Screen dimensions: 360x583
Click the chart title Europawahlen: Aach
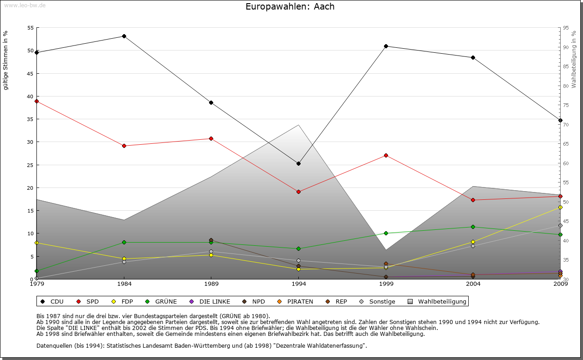pos(290,7)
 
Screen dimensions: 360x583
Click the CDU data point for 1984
pos(124,36)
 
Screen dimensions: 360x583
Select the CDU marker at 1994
pos(298,164)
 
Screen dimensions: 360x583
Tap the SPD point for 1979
pos(36,101)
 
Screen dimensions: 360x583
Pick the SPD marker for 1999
pos(386,156)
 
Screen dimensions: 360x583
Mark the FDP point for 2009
pos(560,208)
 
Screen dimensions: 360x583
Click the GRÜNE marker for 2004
pos(473,227)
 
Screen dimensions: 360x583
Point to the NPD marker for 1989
pos(211,240)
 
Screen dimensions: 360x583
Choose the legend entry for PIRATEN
pos(296,301)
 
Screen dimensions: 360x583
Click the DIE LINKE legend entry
pos(210,301)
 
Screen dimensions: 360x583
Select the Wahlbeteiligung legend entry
pos(438,301)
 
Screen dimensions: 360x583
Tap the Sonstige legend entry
pos(378,301)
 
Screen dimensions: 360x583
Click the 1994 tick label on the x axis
pos(299,284)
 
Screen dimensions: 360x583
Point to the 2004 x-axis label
pos(473,284)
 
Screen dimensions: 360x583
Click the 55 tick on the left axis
pos(31,28)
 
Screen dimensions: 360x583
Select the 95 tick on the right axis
pos(566,28)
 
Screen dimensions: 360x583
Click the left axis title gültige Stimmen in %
pos(6,60)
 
